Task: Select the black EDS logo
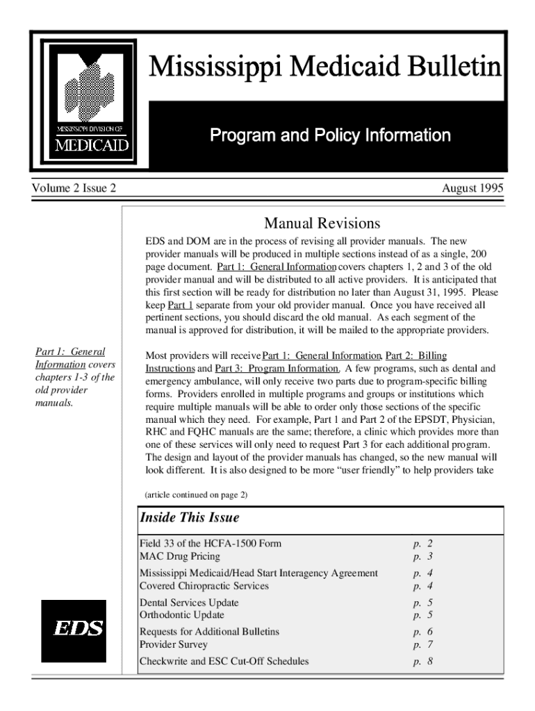[74, 630]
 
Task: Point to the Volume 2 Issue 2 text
[74, 188]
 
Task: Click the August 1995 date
[472, 188]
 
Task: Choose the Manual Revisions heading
[322, 223]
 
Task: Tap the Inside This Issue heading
[190, 518]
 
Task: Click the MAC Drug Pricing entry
[180, 556]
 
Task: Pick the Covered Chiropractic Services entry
[204, 586]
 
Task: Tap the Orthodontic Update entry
[182, 615]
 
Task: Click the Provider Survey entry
[174, 645]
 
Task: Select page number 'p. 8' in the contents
[422, 661]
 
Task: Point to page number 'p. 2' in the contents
[422, 543]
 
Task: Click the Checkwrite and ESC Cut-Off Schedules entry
[224, 661]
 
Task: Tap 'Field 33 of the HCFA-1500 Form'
[211, 543]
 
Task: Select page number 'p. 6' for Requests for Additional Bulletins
[422, 632]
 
